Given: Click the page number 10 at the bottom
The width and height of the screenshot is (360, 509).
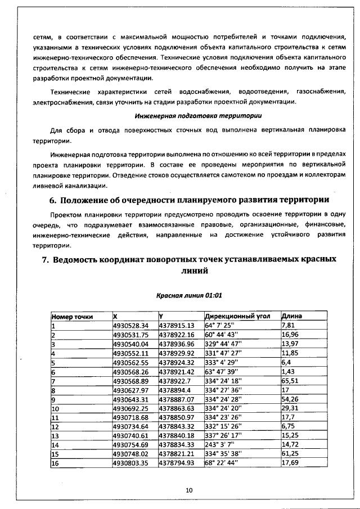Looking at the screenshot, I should click(189, 490).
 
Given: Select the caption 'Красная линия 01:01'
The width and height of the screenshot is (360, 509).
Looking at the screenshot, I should click(189, 295).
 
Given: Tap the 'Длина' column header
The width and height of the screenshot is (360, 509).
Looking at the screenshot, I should click(291, 316).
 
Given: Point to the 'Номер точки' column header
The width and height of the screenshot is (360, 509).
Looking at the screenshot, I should click(72, 316).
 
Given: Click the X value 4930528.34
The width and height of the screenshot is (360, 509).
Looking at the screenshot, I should click(130, 325).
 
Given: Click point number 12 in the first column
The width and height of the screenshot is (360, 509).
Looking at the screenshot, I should click(56, 419).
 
